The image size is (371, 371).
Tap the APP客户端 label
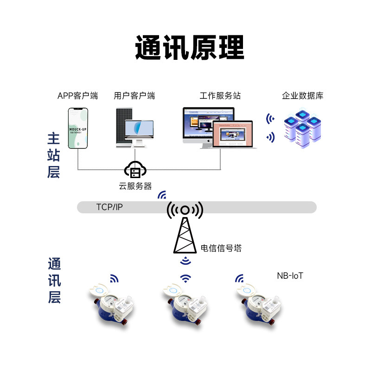(77, 96)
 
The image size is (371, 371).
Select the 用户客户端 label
(134, 96)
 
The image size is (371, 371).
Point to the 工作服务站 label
(220, 96)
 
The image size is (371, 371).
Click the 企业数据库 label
(302, 96)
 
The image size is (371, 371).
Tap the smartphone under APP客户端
(78, 128)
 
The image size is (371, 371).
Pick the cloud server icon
(135, 170)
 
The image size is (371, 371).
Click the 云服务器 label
(135, 186)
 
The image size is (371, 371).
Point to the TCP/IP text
(109, 207)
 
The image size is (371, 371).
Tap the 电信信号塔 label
(221, 248)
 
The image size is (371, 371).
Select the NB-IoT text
(290, 276)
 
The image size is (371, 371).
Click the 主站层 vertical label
(54, 155)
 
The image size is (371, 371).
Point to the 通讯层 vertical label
(54, 281)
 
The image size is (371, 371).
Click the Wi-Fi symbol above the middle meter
(185, 278)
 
